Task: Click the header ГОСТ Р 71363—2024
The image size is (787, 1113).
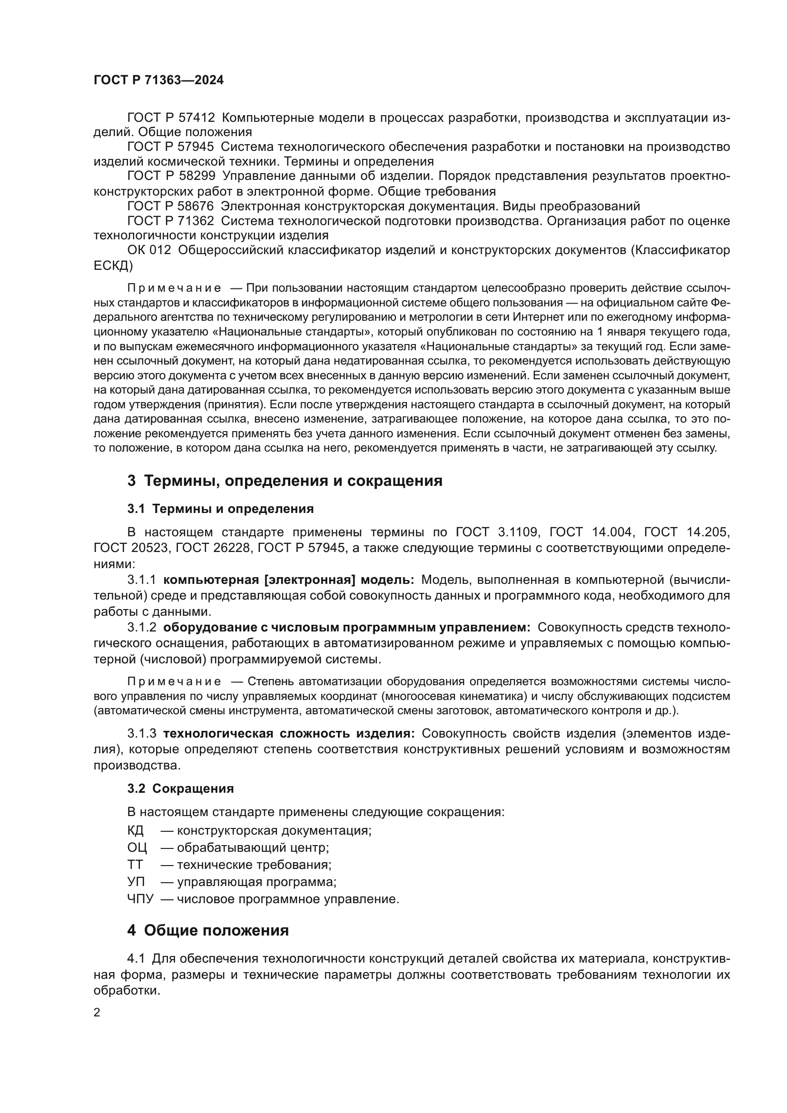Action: (x=158, y=80)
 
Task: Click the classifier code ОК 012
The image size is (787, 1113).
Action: (x=149, y=251)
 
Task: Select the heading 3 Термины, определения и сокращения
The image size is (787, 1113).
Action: (x=285, y=481)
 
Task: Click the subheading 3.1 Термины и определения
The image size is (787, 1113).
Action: (x=220, y=509)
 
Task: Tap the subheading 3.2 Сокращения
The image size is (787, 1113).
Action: (x=180, y=788)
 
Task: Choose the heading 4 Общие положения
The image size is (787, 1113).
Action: (x=208, y=930)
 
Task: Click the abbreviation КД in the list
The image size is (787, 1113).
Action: (x=136, y=830)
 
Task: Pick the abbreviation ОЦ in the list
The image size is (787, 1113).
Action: (x=137, y=848)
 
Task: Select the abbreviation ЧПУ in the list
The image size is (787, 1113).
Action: (x=140, y=899)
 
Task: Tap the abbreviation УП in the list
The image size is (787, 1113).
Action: (x=136, y=882)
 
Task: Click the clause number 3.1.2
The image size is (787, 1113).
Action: (x=141, y=628)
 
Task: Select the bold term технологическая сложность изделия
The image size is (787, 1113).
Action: (x=289, y=733)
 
